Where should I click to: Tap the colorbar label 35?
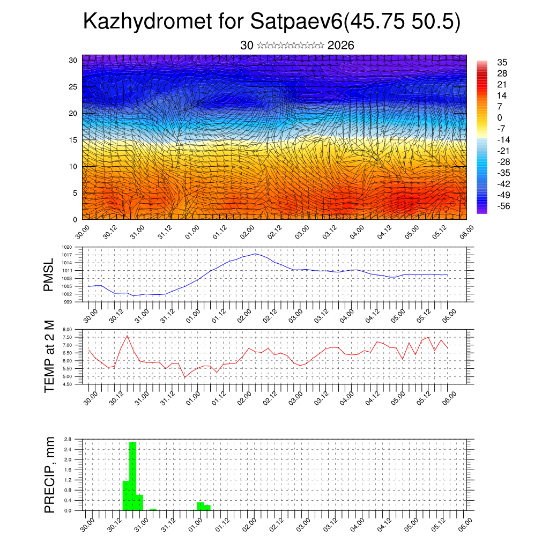pos(502,63)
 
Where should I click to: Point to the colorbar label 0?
pos(500,117)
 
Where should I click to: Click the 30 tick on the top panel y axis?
pos(73,60)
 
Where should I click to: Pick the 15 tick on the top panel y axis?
pos(73,140)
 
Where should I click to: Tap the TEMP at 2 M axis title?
pos(49,357)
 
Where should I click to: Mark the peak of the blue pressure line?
pos(255,254)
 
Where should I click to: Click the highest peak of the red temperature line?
pos(127,336)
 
